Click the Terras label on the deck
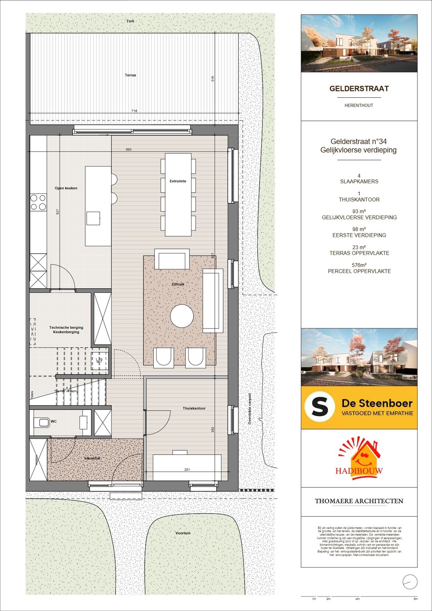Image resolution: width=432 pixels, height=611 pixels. click(x=130, y=75)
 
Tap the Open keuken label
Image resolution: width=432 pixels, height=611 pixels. click(x=66, y=188)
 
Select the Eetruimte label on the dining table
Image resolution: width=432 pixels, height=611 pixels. click(x=178, y=181)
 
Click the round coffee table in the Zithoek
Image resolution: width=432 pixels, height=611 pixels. click(x=182, y=316)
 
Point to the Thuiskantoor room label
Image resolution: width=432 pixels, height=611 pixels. click(x=194, y=409)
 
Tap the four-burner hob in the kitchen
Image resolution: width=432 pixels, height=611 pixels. click(x=38, y=202)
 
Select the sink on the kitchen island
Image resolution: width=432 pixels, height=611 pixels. click(x=93, y=218)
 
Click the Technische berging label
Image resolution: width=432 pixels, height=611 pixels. click(x=66, y=327)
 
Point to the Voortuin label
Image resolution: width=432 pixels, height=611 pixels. click(x=183, y=533)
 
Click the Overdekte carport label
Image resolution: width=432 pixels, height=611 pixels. click(x=250, y=409)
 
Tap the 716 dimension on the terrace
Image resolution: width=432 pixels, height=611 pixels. click(x=134, y=111)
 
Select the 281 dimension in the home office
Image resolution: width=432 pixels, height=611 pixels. click(x=187, y=469)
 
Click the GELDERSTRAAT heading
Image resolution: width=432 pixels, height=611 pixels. click(x=359, y=89)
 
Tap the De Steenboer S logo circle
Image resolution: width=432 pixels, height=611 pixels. click(x=319, y=407)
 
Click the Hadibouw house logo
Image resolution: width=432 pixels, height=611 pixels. click(x=359, y=459)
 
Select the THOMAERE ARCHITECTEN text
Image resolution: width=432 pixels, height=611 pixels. click(x=359, y=501)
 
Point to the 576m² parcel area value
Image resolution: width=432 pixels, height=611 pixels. click(x=359, y=265)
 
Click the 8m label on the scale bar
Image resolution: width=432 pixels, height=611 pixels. click(x=415, y=599)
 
